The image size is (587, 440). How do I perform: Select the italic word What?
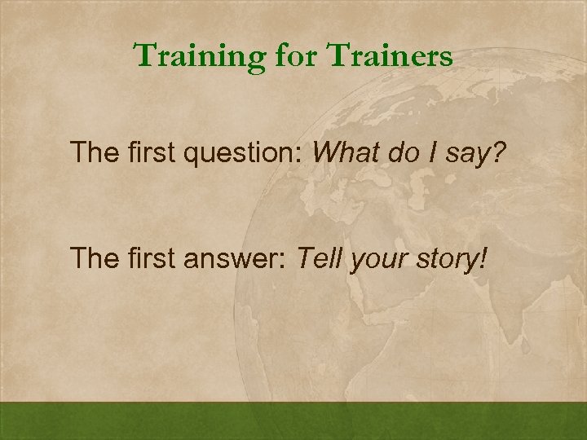coord(344,151)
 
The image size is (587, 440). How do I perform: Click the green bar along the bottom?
coord(293,421)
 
